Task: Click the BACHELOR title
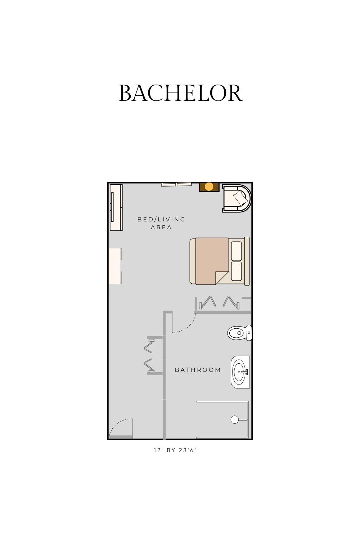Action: (x=181, y=93)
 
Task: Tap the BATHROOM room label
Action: (x=198, y=370)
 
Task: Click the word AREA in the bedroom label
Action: (x=161, y=227)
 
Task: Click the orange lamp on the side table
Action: (x=209, y=186)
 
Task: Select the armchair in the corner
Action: (x=237, y=198)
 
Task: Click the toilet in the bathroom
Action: (x=239, y=333)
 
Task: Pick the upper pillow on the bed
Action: (x=236, y=251)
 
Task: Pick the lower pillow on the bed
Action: (x=236, y=271)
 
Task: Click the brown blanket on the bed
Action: (x=212, y=261)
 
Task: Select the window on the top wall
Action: (x=176, y=184)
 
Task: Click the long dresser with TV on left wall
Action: (x=116, y=208)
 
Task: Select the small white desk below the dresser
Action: (x=115, y=266)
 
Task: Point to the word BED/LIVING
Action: (x=161, y=219)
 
